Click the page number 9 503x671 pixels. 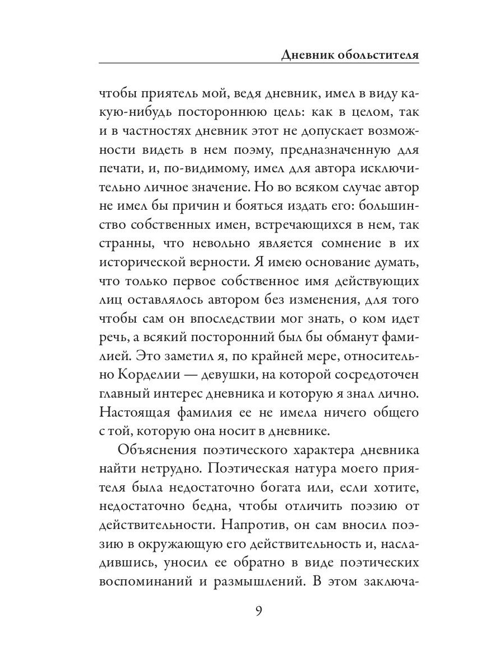(x=259, y=609)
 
